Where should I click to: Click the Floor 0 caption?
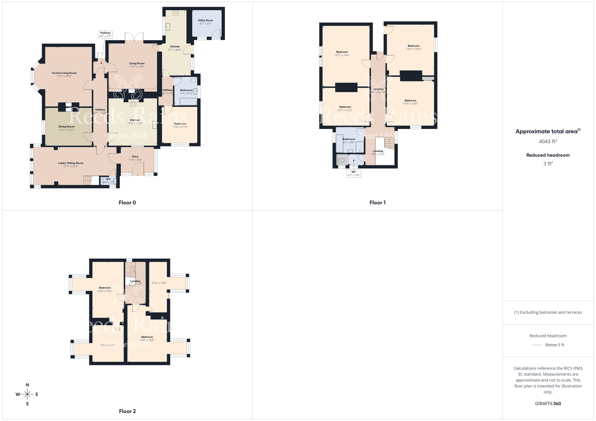[x=127, y=203]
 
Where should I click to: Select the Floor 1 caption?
[x=378, y=203]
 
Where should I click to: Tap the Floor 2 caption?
[x=127, y=411]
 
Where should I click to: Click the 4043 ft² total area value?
[x=548, y=141]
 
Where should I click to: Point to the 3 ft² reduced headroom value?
[x=548, y=164]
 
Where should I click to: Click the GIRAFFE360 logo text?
[x=548, y=404]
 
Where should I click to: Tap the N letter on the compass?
[x=27, y=385]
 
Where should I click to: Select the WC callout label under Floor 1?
[x=354, y=174]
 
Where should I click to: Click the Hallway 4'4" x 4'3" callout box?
[x=105, y=35]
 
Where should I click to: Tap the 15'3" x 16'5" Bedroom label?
[x=414, y=48]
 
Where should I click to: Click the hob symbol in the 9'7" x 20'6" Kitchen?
[x=176, y=13]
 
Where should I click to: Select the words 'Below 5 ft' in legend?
[x=555, y=345]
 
